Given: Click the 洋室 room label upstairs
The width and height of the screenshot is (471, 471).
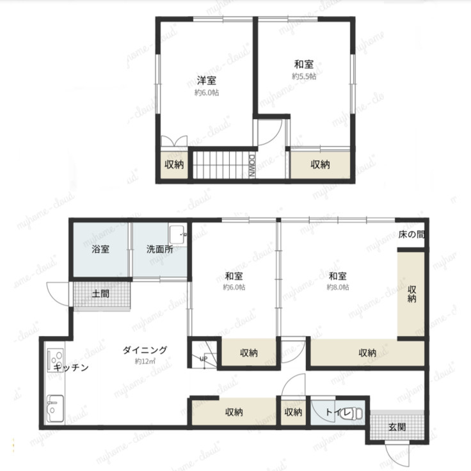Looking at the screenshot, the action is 206,81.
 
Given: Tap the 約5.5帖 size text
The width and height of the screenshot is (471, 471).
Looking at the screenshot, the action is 304,76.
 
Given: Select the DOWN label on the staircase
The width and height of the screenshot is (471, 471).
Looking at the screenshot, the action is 252,166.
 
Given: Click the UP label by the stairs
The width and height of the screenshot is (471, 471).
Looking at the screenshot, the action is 204,358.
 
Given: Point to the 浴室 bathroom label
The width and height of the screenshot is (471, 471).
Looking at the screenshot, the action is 100,249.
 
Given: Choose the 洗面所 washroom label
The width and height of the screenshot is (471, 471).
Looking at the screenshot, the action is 160,249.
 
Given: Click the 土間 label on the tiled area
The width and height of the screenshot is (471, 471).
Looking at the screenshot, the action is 100,294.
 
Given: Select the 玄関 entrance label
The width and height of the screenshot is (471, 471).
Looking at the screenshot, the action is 397,427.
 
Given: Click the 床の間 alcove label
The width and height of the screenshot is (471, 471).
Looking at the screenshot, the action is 411,234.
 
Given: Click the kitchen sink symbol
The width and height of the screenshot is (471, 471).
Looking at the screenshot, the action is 55,408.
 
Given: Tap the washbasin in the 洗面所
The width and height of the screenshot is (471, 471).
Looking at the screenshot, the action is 178,234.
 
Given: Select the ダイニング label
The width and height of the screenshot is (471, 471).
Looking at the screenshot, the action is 145,350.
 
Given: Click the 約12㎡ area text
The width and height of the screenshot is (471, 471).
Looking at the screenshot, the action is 145,361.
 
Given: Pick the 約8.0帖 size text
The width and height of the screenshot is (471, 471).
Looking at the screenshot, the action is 338,287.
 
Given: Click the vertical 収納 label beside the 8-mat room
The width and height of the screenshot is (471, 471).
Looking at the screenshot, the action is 411,294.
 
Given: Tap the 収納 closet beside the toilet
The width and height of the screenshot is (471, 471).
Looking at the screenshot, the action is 293,412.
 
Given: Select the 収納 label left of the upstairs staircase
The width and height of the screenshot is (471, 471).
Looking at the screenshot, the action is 174,164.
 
